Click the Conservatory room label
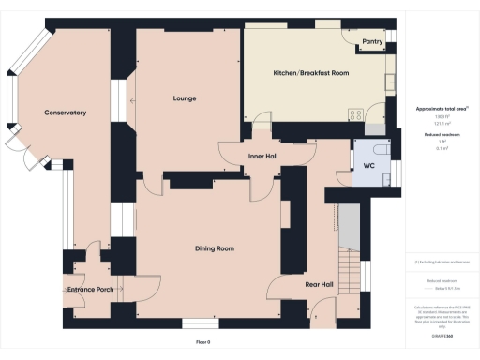[65, 112]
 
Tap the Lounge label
[184, 97]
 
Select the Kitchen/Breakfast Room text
[311, 73]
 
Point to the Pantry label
[372, 42]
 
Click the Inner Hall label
[262, 156]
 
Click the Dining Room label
[214, 248]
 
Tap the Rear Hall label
[320, 283]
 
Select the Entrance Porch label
[91, 290]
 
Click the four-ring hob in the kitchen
[356, 114]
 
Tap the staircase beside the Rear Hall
[348, 248]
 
